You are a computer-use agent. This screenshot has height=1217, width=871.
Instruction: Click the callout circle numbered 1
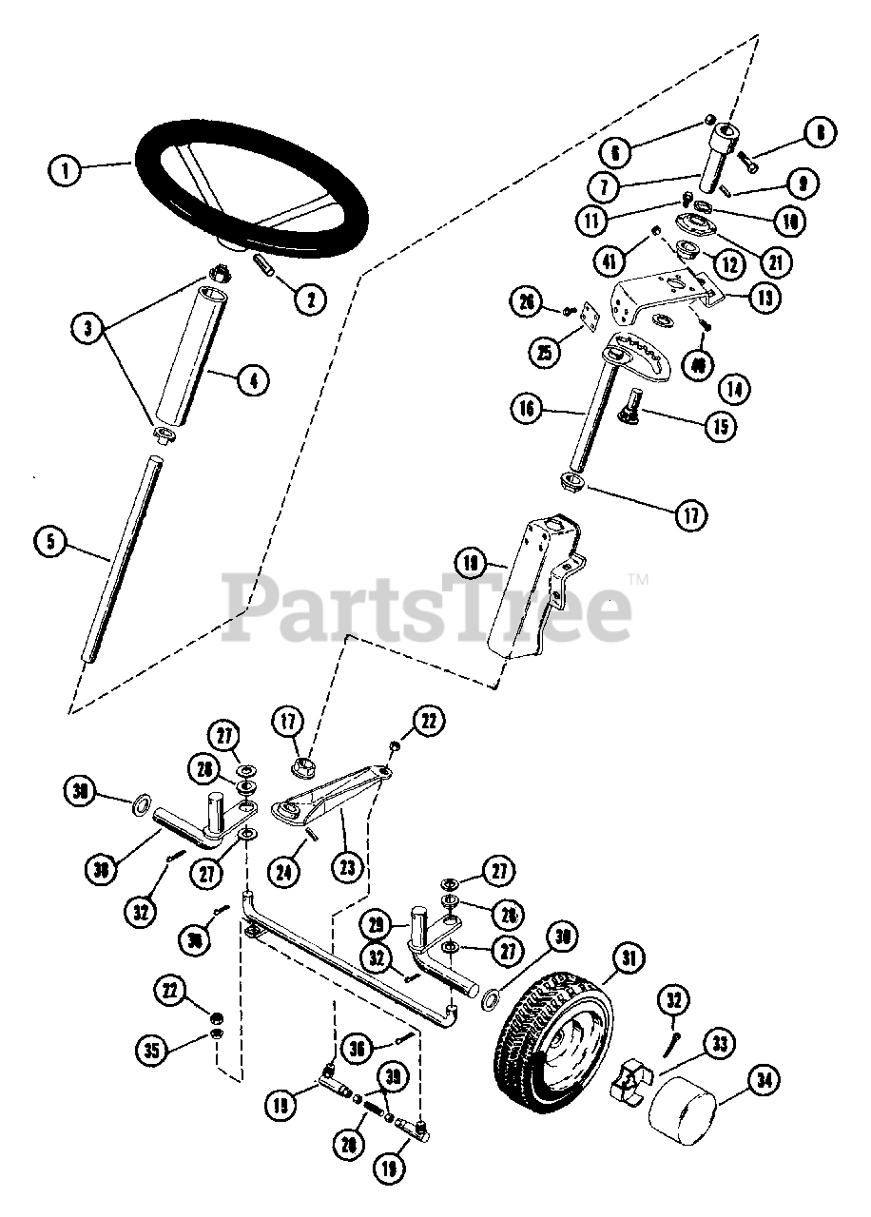(65, 172)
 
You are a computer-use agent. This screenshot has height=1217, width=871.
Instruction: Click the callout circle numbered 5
(50, 543)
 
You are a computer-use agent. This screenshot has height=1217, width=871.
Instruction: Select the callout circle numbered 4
(252, 380)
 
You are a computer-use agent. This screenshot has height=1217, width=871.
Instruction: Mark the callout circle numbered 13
(763, 297)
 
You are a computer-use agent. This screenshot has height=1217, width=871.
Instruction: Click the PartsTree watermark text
(428, 608)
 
